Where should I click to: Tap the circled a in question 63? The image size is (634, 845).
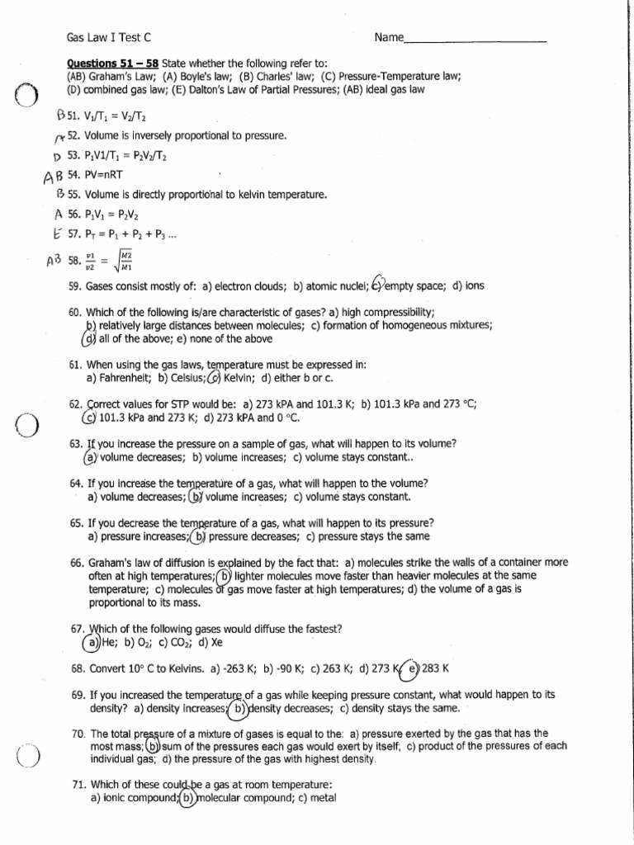pyautogui.click(x=90, y=457)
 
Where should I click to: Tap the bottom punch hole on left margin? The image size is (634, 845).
pyautogui.click(x=26, y=755)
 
